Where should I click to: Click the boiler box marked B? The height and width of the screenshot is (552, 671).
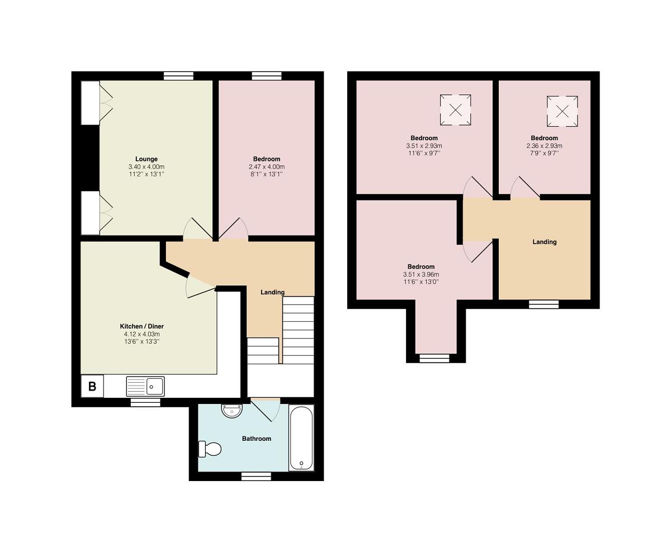[x=92, y=386]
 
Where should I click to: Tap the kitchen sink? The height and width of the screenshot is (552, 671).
[x=145, y=386]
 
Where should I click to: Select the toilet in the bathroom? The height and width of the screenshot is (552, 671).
[x=210, y=449]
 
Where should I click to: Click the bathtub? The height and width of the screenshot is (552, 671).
[x=301, y=437]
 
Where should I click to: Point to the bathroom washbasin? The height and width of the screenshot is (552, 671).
[x=232, y=411]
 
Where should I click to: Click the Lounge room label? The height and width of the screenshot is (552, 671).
[x=147, y=159]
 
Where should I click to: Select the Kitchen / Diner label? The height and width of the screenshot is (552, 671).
[x=142, y=326]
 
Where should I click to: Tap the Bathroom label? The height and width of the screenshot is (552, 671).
[x=257, y=439]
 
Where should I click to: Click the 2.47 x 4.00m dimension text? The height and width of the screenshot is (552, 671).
[x=267, y=166]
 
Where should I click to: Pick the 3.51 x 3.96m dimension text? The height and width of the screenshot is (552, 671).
[x=421, y=274]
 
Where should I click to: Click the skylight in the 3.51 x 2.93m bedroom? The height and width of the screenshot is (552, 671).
[x=456, y=110]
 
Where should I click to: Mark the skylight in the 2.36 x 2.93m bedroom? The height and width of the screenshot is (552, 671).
[x=562, y=112]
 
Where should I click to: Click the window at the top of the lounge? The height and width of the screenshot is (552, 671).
[x=178, y=76]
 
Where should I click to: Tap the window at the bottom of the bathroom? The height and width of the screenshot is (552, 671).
[x=256, y=476]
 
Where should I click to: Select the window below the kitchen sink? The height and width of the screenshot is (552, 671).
[x=145, y=403]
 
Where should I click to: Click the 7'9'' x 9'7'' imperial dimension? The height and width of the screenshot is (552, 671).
[x=544, y=153]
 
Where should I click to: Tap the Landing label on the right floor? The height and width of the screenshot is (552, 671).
[x=545, y=242]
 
